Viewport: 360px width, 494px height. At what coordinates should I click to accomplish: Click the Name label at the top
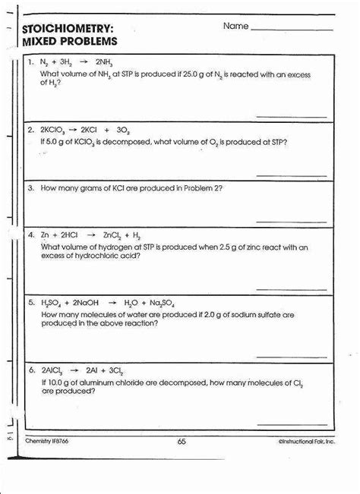point(235,27)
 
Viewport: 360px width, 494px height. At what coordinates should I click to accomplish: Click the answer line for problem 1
point(292,116)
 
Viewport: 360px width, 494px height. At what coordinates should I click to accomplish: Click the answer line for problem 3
point(292,220)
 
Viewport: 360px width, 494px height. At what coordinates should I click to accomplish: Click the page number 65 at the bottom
point(181,441)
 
